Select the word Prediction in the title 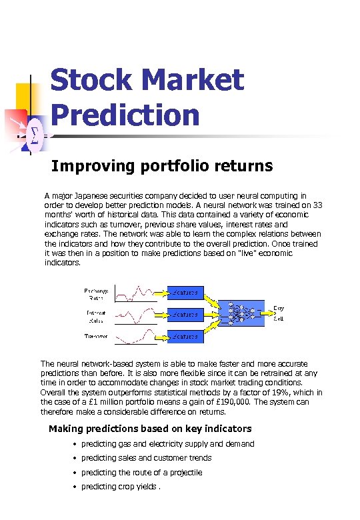[x=125, y=114]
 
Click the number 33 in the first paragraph [x=317, y=205]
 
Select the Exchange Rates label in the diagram [x=96, y=294]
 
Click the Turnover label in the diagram [x=96, y=336]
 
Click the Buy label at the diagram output [x=279, y=308]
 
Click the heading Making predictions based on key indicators [x=150, y=429]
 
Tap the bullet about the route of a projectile [x=141, y=472]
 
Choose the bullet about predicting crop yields [x=121, y=486]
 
